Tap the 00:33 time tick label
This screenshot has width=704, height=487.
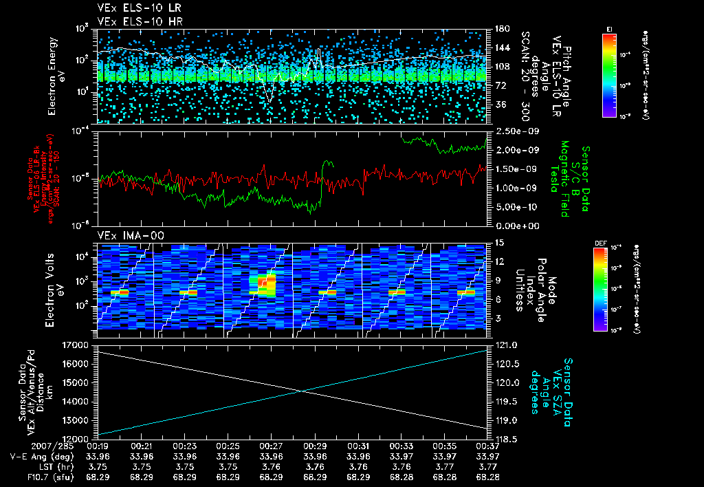point(401,446)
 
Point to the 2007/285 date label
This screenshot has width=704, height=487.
point(26,446)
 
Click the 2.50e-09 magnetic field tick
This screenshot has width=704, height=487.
point(514,131)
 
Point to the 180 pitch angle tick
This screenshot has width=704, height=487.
point(500,29)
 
